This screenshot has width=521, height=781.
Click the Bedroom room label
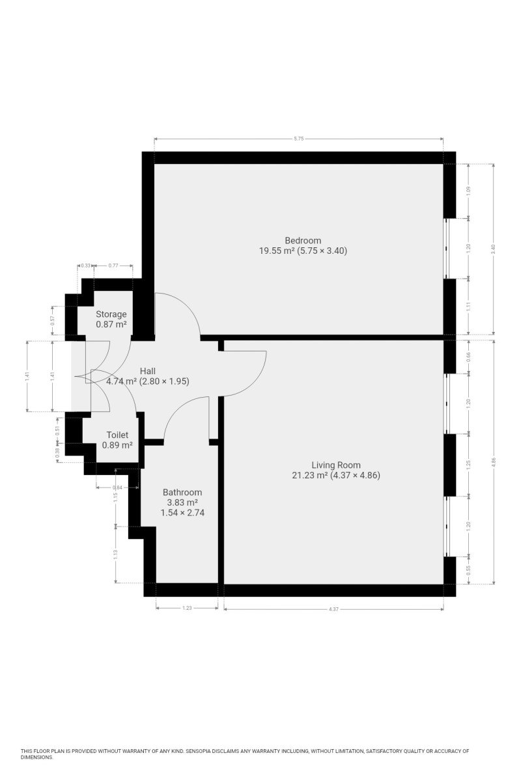click(x=303, y=240)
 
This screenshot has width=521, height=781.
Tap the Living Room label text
click(x=335, y=465)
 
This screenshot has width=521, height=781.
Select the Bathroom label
click(x=182, y=492)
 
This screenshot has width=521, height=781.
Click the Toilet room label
click(x=117, y=435)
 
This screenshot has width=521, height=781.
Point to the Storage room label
click(x=111, y=314)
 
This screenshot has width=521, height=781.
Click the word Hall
click(x=148, y=371)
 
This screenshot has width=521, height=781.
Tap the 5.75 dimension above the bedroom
click(x=299, y=139)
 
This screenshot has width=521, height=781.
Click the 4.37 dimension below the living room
click(x=333, y=609)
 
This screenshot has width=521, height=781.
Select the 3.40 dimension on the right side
click(x=493, y=249)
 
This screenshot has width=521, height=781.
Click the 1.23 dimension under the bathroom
click(x=187, y=608)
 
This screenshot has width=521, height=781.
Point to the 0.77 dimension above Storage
click(x=113, y=266)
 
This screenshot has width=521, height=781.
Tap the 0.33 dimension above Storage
click(x=85, y=266)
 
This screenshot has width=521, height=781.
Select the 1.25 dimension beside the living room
click(x=468, y=465)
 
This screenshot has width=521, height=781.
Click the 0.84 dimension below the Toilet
click(x=118, y=487)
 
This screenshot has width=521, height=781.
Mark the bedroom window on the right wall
click(x=446, y=248)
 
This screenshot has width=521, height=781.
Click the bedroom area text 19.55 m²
click(x=277, y=251)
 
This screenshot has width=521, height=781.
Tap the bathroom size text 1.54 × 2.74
click(x=182, y=513)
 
